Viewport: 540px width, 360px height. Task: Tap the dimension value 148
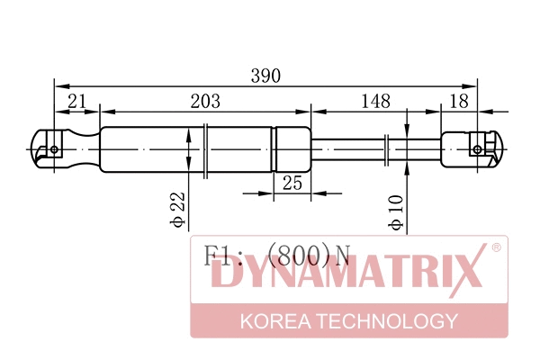click(x=376, y=101)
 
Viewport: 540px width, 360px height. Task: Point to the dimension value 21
click(x=76, y=101)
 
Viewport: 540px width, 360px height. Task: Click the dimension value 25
click(x=292, y=183)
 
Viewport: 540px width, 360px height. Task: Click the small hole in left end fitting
click(x=54, y=149)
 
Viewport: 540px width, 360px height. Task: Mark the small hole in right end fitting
click(x=476, y=148)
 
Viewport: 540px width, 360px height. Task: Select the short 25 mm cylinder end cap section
click(x=292, y=148)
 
